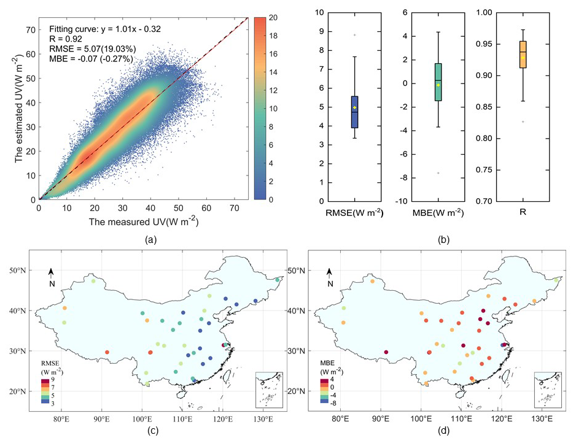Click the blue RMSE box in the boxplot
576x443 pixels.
pos(354,112)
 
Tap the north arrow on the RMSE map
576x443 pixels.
pos(52,275)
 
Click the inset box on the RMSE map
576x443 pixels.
pos(270,390)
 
